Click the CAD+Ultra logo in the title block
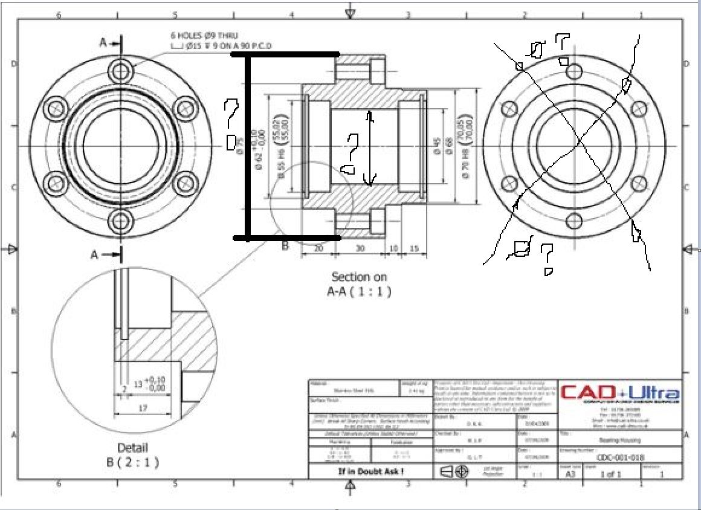pos(620,392)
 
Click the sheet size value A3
pos(570,474)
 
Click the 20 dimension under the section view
pos(318,248)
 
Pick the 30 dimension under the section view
pos(360,248)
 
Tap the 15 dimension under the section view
pos(414,248)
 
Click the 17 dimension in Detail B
pos(143,408)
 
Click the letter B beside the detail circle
pos(285,246)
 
